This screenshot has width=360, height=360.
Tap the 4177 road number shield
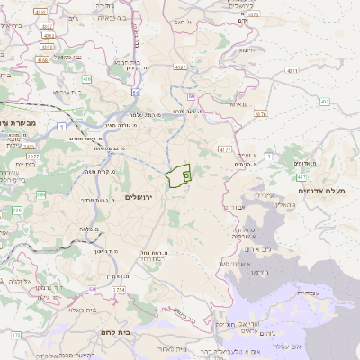pyautogui.click(x=224, y=150)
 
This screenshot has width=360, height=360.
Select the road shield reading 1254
pyautogui.click(x=119, y=290)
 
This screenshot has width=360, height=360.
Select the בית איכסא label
pyautogui.click(x=74, y=93)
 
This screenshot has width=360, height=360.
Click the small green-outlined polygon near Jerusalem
pyautogui.click(x=178, y=176)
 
